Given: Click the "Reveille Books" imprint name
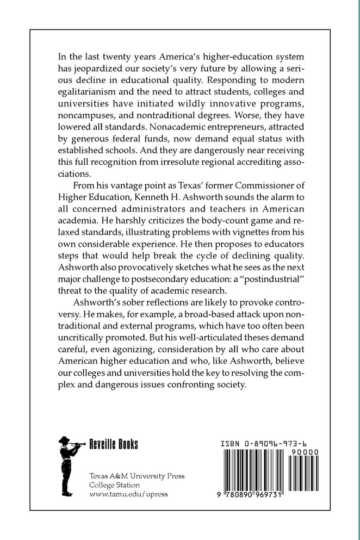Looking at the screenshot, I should pos(114,444).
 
